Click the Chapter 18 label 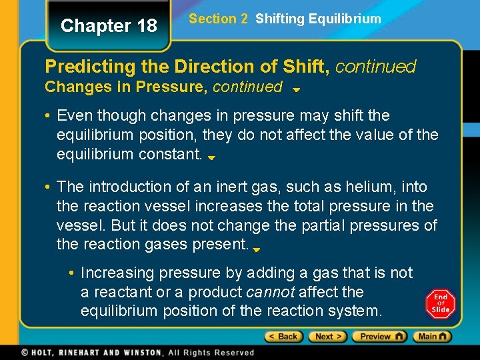point(109,26)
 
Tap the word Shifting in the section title point(280,19)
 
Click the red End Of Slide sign point(441,303)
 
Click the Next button point(327,337)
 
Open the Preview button point(381,337)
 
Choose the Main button point(431,337)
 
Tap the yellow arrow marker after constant point(211,158)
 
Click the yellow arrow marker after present point(257,249)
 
